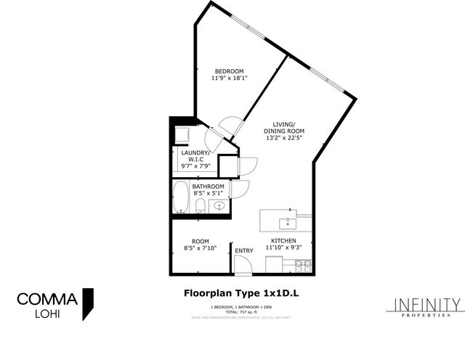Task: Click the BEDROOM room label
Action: pyautogui.click(x=228, y=70)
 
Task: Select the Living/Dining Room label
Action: pyautogui.click(x=278, y=128)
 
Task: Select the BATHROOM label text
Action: pyautogui.click(x=209, y=187)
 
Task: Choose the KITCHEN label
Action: pyautogui.click(x=284, y=240)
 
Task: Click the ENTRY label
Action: pyautogui.click(x=244, y=251)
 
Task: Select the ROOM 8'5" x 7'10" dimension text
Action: pyautogui.click(x=201, y=247)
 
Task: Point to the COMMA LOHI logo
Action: pyautogui.click(x=55, y=303)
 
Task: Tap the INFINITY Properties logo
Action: pyautogui.click(x=426, y=307)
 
